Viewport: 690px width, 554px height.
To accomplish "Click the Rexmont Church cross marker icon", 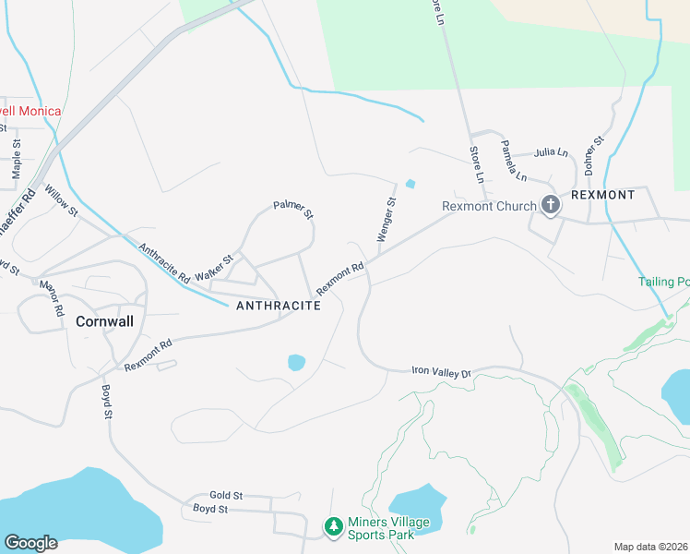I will coord(551,204).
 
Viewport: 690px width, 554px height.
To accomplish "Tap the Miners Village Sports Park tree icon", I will coord(333,526).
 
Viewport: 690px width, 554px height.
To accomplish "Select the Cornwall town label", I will coord(104,322).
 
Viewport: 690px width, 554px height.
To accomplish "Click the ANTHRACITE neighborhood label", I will coord(279,306).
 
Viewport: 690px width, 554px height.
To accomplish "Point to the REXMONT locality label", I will coord(603,195).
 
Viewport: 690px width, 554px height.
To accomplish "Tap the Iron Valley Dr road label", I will coord(441,372).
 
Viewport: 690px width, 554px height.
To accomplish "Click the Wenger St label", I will coord(387,220).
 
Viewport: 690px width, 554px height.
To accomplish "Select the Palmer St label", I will coord(293,210).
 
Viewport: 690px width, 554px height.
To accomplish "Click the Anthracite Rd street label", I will coord(164,263).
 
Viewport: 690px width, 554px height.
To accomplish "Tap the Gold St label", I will coord(225,496).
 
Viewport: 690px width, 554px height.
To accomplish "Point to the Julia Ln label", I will coord(551,152).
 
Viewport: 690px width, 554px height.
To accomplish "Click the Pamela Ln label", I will coord(514,160).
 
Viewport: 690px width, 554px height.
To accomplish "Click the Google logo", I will coord(30,543).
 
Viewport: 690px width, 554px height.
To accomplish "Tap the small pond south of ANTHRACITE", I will coord(296,362).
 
